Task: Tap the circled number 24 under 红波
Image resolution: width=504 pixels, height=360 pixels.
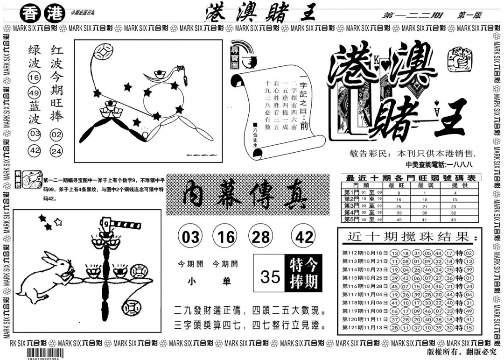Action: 56,151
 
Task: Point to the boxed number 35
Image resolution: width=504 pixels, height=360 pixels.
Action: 270,276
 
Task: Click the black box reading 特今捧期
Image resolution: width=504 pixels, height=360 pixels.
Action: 302,273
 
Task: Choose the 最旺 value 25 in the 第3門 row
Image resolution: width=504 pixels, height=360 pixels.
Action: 399,206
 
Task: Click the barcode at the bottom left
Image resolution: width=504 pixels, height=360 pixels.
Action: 35,353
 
